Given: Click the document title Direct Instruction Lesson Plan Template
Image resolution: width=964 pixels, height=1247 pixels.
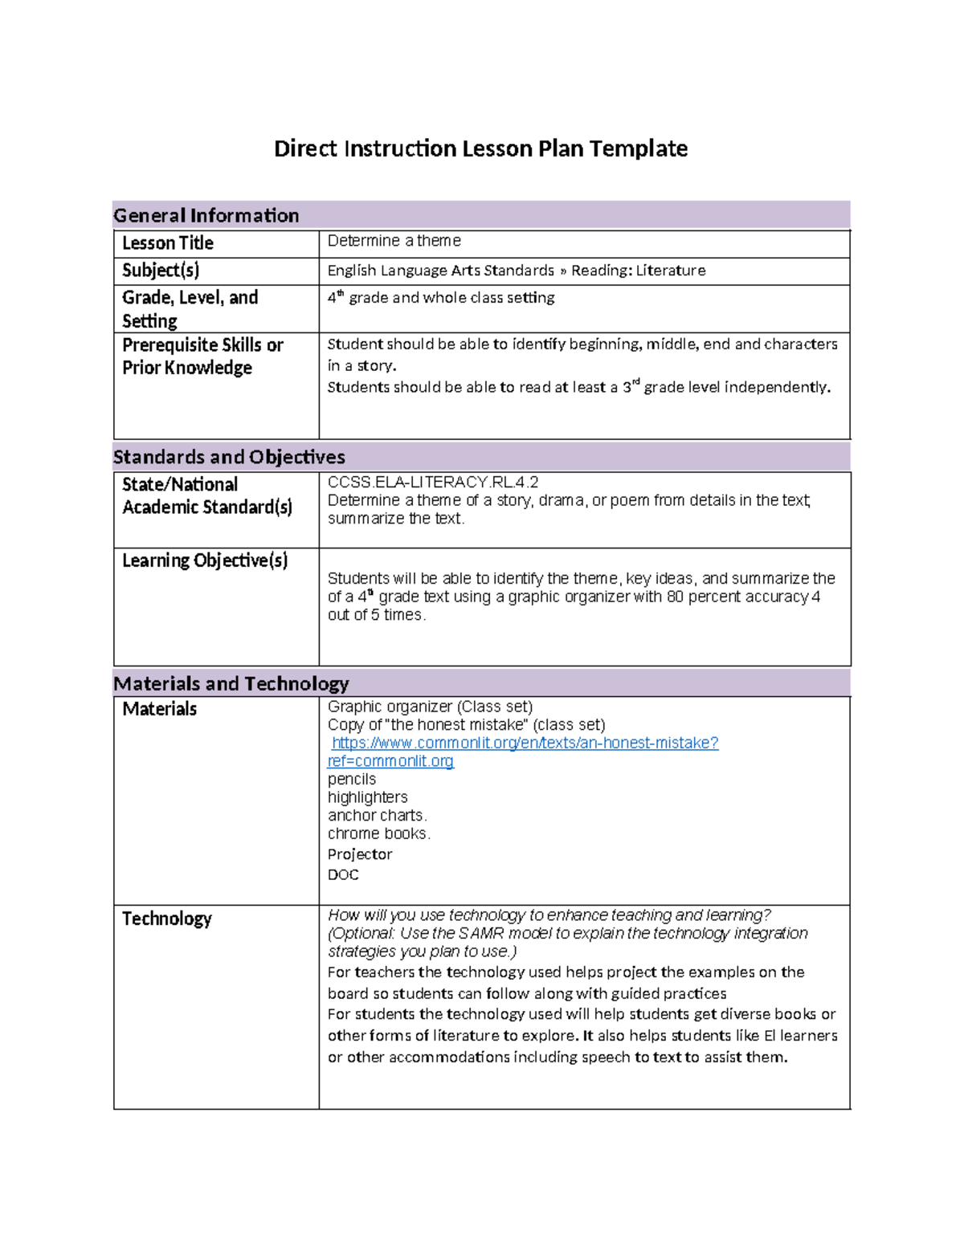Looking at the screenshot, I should (480, 149).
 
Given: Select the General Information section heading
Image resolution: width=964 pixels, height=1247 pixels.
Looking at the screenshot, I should (206, 215).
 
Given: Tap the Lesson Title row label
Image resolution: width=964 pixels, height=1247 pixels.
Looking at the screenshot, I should (167, 242).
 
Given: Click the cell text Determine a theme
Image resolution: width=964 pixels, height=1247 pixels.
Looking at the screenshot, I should (394, 241).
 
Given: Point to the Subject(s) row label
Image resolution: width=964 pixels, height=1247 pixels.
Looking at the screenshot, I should (160, 270).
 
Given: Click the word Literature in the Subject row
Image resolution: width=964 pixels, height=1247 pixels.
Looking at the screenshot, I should (671, 271).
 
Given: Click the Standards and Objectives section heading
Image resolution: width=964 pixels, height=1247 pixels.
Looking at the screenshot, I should (229, 457).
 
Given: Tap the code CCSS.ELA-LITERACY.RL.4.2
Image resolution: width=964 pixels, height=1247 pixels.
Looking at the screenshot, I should (432, 482).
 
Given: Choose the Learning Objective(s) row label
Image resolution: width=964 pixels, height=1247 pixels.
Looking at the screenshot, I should (204, 560).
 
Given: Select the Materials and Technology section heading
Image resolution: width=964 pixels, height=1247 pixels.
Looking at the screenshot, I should (231, 683).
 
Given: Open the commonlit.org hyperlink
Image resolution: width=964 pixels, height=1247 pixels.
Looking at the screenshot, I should (525, 744).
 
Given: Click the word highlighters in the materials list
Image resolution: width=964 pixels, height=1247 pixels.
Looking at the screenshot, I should (367, 797).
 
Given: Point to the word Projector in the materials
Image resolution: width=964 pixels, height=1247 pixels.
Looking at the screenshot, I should (359, 854).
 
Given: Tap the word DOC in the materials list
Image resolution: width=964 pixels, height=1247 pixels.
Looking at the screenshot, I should (343, 874).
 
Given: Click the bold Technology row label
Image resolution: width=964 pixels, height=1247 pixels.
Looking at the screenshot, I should (166, 919).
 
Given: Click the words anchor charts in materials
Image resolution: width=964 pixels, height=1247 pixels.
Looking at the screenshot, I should (375, 815).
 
